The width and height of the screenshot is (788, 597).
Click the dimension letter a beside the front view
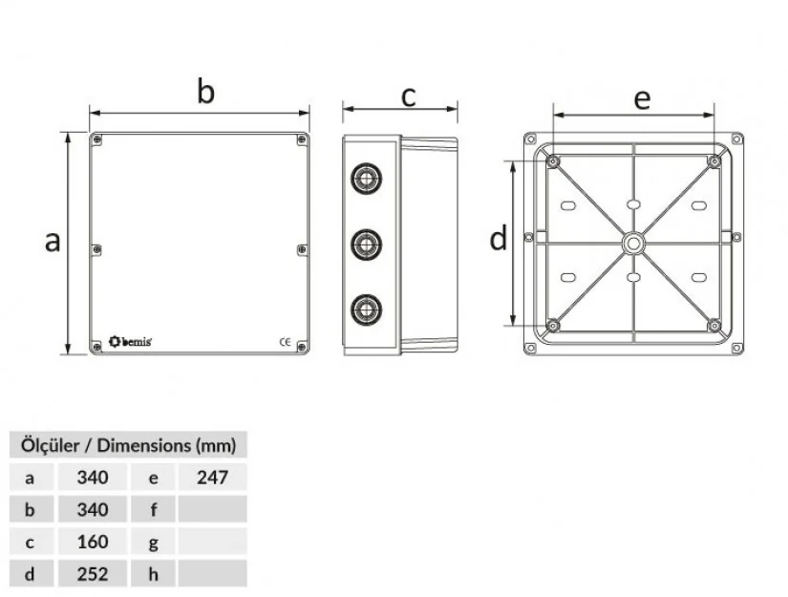point(53,241)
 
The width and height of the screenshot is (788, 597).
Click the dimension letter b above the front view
point(205,92)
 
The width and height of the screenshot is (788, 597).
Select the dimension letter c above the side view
point(408,96)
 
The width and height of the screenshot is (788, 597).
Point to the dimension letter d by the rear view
point(498,239)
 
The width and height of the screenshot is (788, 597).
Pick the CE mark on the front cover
point(285,341)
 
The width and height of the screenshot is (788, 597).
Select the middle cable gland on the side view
point(364,244)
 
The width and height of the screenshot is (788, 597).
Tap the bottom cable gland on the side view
point(364,309)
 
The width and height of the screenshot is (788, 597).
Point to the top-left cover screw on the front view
point(97,140)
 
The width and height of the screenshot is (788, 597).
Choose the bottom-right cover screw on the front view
point(302,345)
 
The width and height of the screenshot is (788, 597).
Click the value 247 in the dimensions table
point(211,477)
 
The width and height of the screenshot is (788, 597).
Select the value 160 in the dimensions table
point(92,542)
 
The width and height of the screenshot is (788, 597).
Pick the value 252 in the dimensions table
point(92,574)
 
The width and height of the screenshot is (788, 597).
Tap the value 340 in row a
point(92,477)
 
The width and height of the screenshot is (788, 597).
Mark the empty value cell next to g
point(211,542)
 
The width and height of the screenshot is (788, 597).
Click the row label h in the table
point(154,574)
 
